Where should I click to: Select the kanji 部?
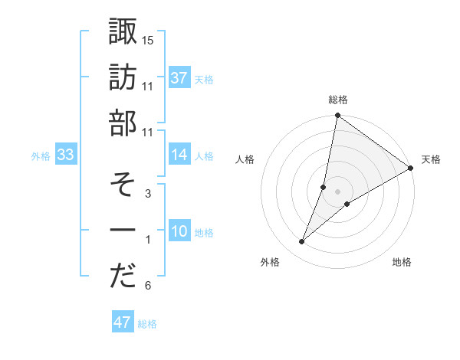click(x=123, y=123)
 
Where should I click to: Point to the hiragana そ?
click(x=123, y=185)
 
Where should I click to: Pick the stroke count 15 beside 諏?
click(x=148, y=39)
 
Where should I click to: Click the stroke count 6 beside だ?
click(x=148, y=286)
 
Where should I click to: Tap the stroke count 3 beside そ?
click(x=148, y=194)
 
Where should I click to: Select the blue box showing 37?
click(x=179, y=78)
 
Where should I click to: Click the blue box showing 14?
click(x=179, y=155)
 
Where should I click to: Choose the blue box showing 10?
click(x=179, y=232)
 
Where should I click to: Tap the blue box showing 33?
click(x=65, y=155)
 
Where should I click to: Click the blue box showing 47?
click(x=122, y=322)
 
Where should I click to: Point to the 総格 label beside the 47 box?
click(x=147, y=324)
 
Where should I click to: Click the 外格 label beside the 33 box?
click(x=41, y=156)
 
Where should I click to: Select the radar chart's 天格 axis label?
click(x=431, y=159)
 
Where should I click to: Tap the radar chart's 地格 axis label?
click(x=402, y=263)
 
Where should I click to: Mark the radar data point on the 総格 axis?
click(x=337, y=116)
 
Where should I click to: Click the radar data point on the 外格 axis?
click(x=302, y=242)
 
